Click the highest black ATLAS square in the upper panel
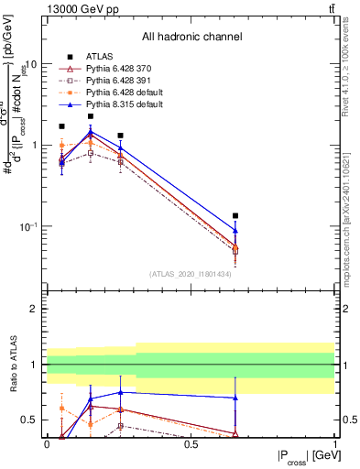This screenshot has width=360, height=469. click(x=91, y=116)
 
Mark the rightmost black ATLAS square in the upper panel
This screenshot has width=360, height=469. click(x=235, y=216)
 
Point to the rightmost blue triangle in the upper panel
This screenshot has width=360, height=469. click(x=235, y=231)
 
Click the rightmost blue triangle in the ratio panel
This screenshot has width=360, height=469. click(x=235, y=398)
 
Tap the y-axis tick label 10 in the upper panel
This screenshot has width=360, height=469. click(x=30, y=65)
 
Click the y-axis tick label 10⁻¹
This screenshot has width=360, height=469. click(x=27, y=226)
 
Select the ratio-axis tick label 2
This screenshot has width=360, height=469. click(x=35, y=309)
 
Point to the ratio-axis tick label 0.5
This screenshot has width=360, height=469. click(x=30, y=420)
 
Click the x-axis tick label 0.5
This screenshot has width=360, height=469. click(x=191, y=443)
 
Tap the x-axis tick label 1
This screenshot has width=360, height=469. click(x=335, y=443)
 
